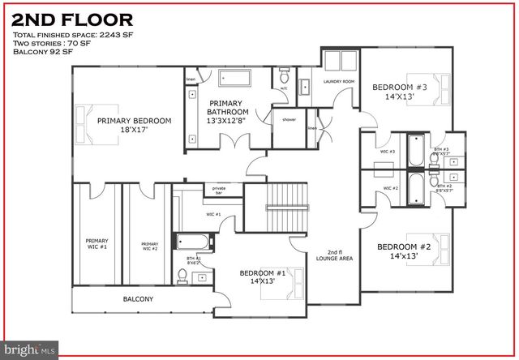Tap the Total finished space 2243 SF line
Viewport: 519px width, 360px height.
(66, 35)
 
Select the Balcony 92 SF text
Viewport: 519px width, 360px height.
(43, 51)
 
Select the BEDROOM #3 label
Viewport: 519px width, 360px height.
(394, 91)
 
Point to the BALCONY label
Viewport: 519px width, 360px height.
(138, 299)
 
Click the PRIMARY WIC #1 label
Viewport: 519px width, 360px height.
(97, 243)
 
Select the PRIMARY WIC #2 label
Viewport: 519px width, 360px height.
(149, 246)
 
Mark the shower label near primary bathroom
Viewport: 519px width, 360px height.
(289, 118)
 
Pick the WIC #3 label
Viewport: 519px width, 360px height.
(388, 152)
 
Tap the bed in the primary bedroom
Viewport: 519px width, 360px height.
(89, 120)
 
